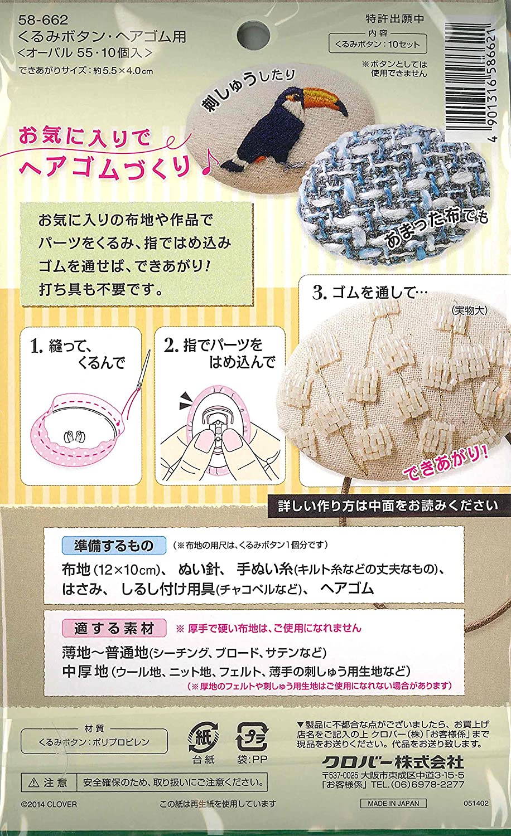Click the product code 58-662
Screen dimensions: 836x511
[43, 20]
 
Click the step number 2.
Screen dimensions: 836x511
[171, 346]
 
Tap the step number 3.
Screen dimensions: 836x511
[319, 293]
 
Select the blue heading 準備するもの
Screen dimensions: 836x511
[114, 545]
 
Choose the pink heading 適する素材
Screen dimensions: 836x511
[114, 628]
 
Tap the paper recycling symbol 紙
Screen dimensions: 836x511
[203, 738]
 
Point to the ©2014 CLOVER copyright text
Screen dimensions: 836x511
[49, 804]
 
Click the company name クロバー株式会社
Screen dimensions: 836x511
[393, 761]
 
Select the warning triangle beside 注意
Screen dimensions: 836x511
[33, 782]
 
